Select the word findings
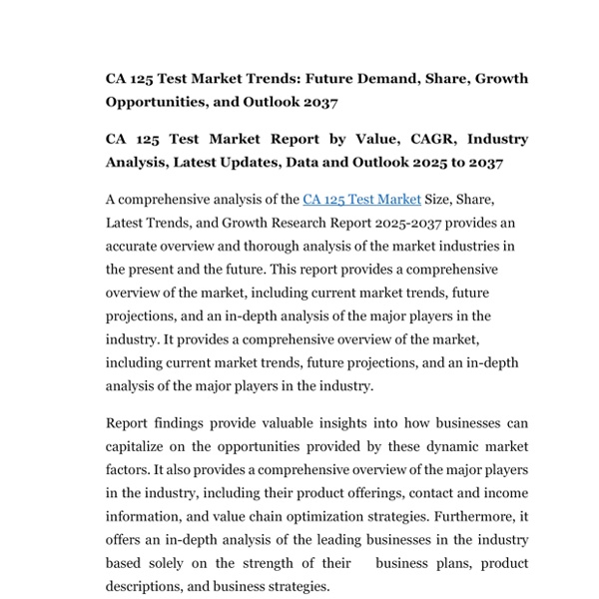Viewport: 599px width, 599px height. (181, 423)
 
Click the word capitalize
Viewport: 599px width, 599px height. (141, 446)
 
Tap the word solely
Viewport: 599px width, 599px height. (183, 563)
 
